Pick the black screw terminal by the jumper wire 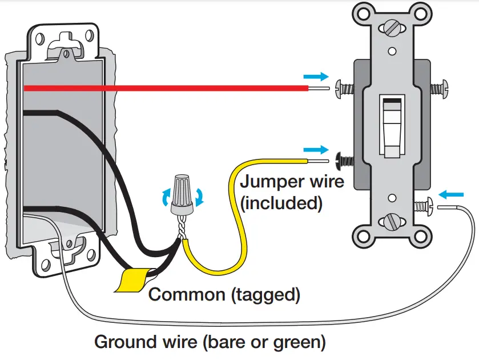pos(344,161)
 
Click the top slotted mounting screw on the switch pos(392,27)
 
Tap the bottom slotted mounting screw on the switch pos(392,220)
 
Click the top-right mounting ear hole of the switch pos(421,11)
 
